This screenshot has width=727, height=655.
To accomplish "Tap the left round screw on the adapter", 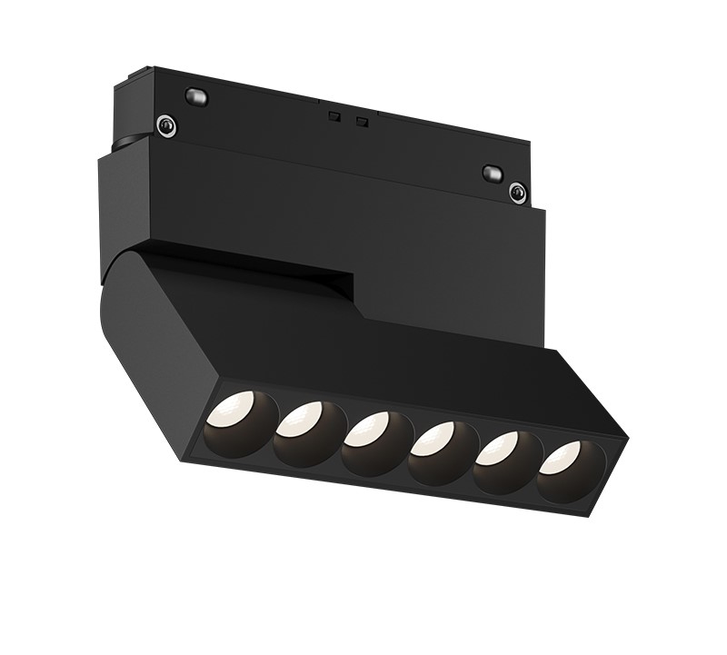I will pos(164,125).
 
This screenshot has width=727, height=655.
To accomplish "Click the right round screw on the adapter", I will pos(517,191).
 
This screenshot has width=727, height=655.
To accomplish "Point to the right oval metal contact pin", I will pos(492,172).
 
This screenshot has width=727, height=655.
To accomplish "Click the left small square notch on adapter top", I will pos(334,115).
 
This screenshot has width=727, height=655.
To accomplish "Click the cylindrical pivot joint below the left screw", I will pos(127,143).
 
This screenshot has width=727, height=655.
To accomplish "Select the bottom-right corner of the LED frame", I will pos(579,514).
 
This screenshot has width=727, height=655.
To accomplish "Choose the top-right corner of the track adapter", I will pos(530,142).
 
